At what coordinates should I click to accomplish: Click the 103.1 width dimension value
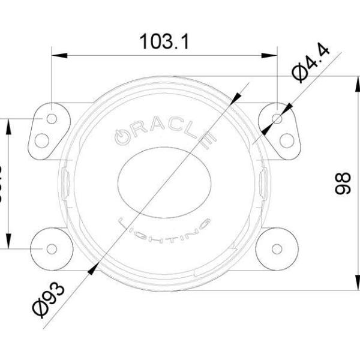tap(164, 41)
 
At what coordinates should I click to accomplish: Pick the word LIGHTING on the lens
tap(166, 229)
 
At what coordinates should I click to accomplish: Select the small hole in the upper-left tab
tap(52, 118)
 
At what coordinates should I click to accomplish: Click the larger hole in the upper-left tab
tap(42, 140)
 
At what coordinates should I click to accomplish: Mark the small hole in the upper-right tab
tap(277, 119)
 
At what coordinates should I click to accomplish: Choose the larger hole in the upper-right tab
tap(287, 140)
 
